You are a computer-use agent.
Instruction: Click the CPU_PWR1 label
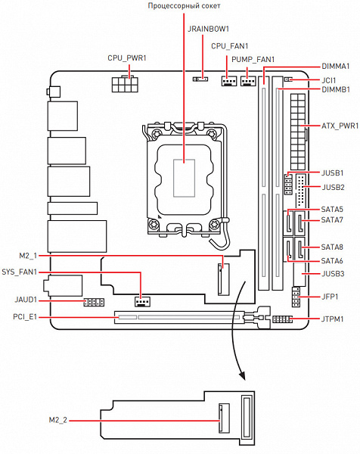[127, 58]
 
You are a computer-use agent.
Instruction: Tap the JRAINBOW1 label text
[208, 29]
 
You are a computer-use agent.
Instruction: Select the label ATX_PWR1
[340, 126]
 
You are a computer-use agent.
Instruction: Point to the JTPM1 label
[332, 319]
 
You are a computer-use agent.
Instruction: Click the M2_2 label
[58, 420]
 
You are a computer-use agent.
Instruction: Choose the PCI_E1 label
[25, 317]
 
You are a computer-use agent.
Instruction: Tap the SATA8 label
[332, 247]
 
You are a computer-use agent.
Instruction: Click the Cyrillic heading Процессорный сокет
[184, 6]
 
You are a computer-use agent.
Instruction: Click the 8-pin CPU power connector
[125, 84]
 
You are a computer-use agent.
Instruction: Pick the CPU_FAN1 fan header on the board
[229, 81]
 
